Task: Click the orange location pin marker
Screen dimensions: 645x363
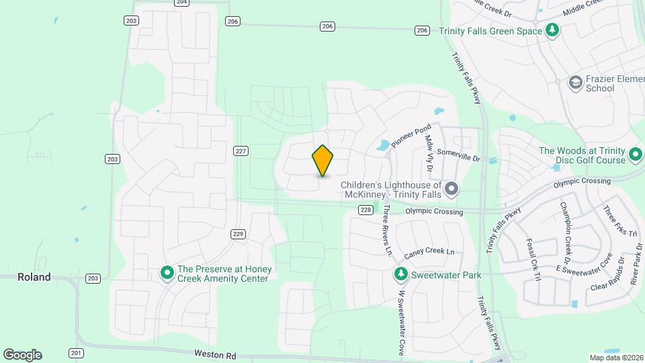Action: (322, 160)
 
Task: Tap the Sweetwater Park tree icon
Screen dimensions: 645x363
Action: (401, 274)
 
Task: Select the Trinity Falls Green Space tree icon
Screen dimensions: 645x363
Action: (552, 30)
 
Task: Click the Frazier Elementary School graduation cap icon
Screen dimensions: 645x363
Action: (575, 83)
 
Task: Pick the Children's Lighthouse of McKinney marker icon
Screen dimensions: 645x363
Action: (451, 189)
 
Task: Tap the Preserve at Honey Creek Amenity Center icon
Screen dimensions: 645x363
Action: (167, 273)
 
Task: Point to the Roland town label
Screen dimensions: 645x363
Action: (34, 277)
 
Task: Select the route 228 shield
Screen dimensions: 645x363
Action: (365, 210)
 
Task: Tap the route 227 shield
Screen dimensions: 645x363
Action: (241, 151)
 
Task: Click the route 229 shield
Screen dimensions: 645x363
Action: (238, 234)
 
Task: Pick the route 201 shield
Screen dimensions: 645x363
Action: (75, 353)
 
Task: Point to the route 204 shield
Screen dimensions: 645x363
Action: (181, 3)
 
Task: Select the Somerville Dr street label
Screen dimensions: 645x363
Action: (458, 155)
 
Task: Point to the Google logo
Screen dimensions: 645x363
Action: (22, 355)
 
